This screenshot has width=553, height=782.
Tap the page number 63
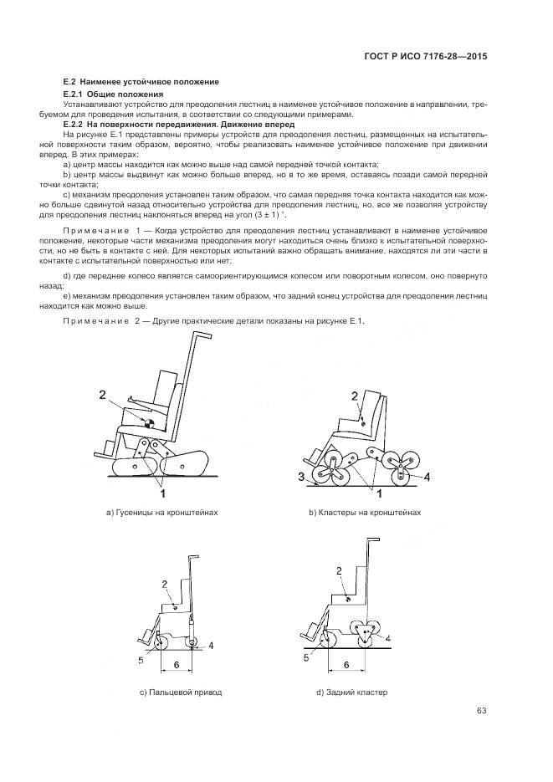point(481,711)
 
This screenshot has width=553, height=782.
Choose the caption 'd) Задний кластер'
point(352,693)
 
